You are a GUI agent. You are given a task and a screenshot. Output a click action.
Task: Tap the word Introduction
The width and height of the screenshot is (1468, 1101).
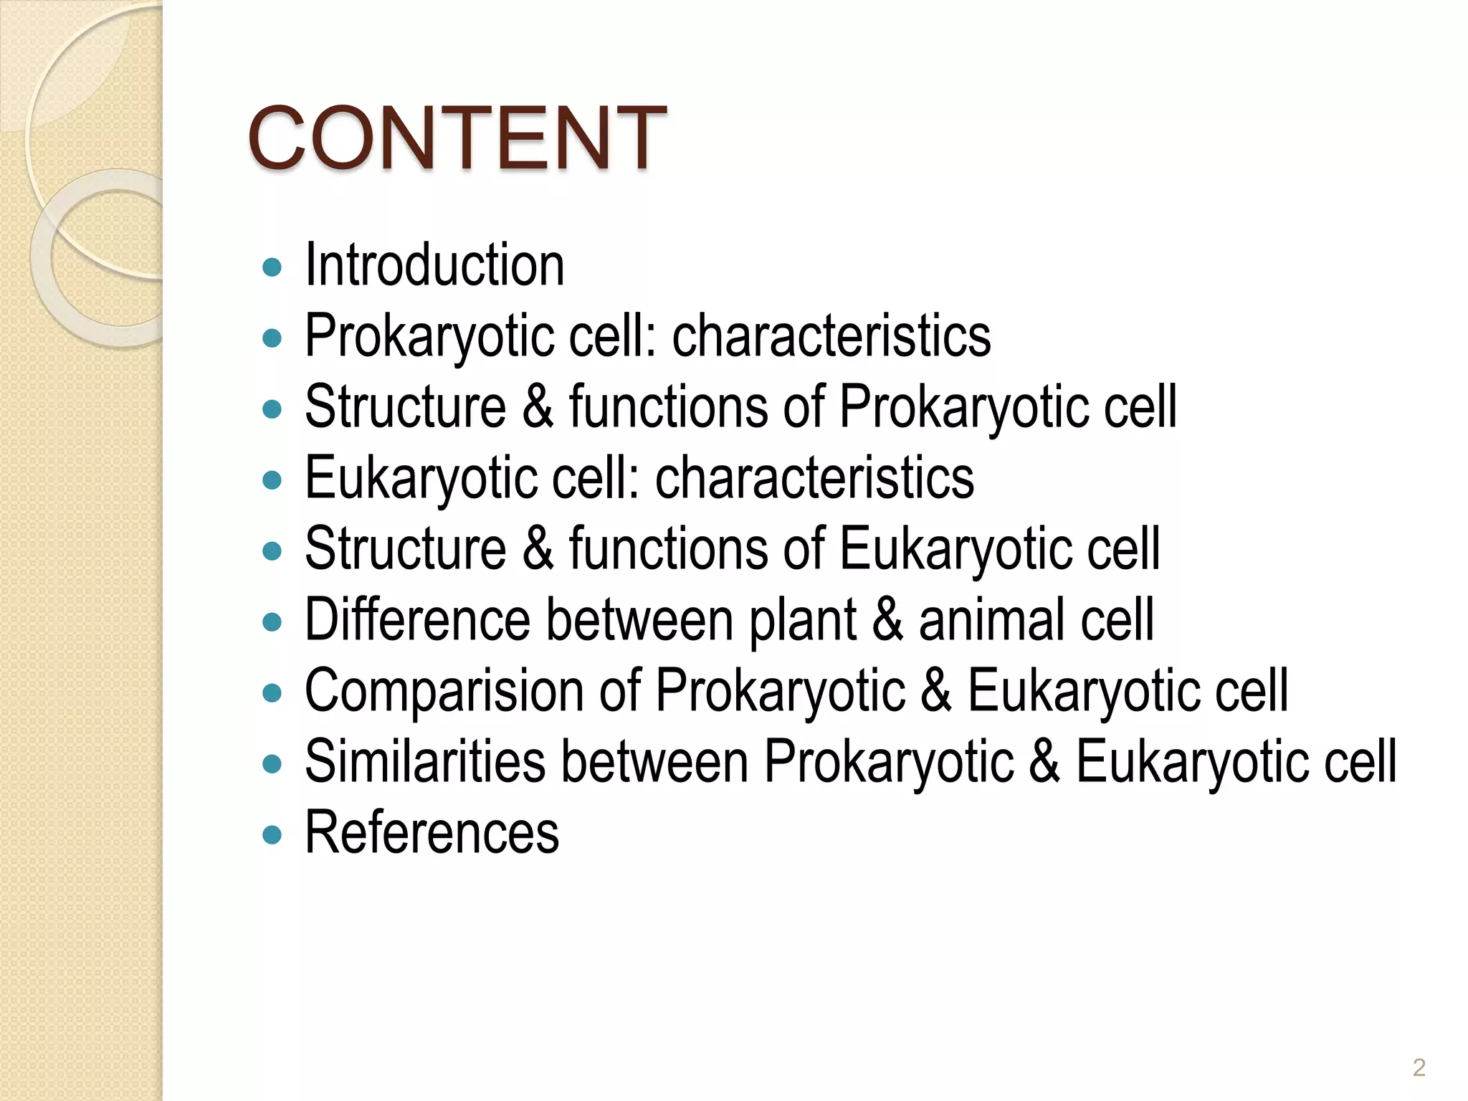tap(434, 265)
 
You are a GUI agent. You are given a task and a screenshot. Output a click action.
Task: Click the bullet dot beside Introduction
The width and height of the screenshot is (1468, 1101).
tap(272, 268)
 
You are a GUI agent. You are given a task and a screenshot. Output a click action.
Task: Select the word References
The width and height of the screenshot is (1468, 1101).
tap(432, 832)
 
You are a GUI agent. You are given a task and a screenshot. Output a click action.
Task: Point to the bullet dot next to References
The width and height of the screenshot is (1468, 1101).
tap(272, 835)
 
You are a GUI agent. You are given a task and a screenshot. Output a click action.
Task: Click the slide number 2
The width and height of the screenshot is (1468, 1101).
tap(1419, 1067)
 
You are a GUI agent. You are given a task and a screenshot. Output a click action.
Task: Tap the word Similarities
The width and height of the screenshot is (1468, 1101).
tap(426, 761)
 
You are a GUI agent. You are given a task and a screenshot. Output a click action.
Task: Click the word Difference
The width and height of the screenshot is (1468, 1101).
tap(417, 619)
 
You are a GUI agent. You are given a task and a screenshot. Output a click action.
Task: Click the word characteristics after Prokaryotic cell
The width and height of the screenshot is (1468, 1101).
tap(831, 335)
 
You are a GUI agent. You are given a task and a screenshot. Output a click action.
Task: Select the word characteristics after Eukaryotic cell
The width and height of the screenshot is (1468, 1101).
tap(814, 478)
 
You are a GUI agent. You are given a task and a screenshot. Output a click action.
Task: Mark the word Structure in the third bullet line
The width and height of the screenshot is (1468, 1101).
tap(406, 407)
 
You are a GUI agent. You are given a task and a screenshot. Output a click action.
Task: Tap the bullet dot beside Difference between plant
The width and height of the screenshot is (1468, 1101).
tap(272, 622)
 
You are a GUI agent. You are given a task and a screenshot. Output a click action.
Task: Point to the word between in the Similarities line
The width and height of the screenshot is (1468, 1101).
tap(655, 761)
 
